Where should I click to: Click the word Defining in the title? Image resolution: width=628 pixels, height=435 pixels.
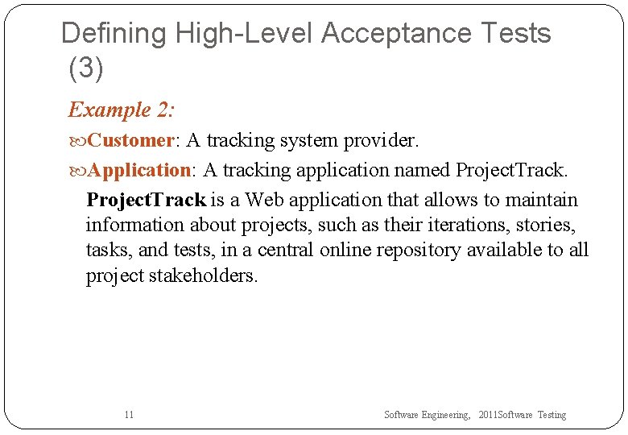click(x=114, y=34)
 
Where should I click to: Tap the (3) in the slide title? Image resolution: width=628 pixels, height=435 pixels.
click(x=86, y=68)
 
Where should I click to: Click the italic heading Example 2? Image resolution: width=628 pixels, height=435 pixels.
click(x=121, y=110)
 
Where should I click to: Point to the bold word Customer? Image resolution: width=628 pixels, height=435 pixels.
click(x=130, y=140)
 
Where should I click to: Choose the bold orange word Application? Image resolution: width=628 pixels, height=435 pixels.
click(x=138, y=170)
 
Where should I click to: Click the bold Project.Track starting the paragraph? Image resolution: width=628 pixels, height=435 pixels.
click(x=146, y=200)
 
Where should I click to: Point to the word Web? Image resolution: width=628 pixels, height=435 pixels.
click(x=263, y=200)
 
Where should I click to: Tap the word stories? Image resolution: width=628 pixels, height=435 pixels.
click(x=546, y=225)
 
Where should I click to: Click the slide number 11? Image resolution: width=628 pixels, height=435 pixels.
click(x=129, y=415)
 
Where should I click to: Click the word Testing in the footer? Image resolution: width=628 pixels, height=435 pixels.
click(x=552, y=415)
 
